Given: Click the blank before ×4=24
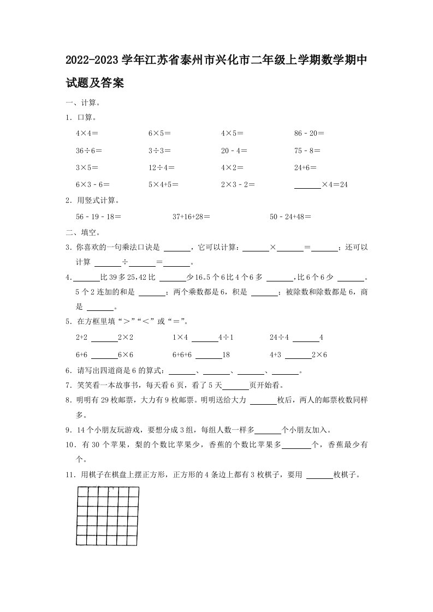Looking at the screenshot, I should (x=307, y=185).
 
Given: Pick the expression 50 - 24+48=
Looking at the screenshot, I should (x=290, y=217).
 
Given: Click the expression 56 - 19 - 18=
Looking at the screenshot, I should (x=98, y=217).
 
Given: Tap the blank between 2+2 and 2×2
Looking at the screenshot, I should (x=104, y=338).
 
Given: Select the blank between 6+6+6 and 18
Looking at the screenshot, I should (x=209, y=355).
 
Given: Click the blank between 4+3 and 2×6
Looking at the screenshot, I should (x=298, y=355).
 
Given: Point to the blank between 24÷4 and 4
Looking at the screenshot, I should (x=306, y=338).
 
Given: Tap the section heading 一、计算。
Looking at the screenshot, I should (x=82, y=102).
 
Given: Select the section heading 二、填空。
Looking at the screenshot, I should (x=82, y=232).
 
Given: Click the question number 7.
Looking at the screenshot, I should (x=68, y=385).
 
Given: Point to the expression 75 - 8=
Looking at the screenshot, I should (x=307, y=151).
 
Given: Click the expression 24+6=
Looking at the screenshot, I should (x=305, y=168).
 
